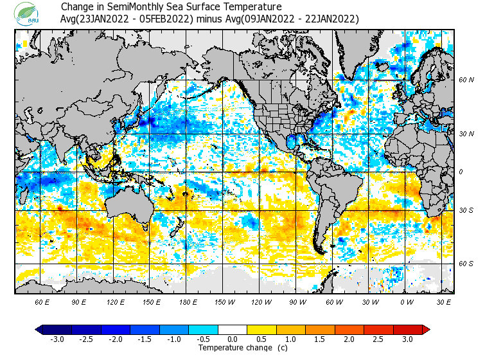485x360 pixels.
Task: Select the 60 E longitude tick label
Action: (42, 301)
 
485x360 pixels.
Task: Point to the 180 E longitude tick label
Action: (189, 301)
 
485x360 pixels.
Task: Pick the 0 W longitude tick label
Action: (407, 301)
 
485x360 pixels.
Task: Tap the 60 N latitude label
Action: (466, 80)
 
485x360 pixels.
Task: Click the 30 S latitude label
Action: (466, 210)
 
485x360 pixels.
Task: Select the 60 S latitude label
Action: (466, 264)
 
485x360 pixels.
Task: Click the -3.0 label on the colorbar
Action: (56, 339)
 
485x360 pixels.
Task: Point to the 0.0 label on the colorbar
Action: (233, 339)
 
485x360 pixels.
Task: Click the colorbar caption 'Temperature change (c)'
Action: (234, 348)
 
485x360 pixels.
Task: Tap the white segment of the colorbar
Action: (233, 330)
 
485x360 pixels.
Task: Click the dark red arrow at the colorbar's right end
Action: (426, 330)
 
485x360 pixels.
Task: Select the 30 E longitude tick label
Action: (444, 301)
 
